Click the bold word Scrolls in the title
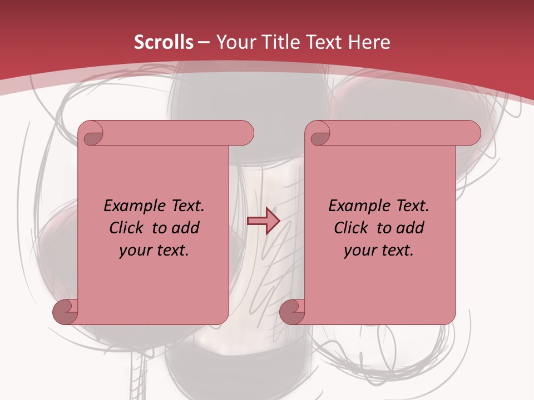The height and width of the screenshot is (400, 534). [x=164, y=42]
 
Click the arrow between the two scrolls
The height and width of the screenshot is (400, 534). [x=263, y=221]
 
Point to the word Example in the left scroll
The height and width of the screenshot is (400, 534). [x=132, y=206]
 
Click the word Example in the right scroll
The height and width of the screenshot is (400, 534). [x=357, y=206]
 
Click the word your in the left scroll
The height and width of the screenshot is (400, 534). [x=134, y=251]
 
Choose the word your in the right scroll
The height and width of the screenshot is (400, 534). [x=359, y=251]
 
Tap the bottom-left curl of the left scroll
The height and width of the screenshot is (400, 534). [x=66, y=312]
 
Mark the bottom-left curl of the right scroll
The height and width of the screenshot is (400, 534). [x=293, y=312]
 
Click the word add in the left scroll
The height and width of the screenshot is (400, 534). [x=184, y=228]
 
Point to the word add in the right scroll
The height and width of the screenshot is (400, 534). [x=409, y=228]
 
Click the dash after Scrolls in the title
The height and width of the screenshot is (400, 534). [x=203, y=42]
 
